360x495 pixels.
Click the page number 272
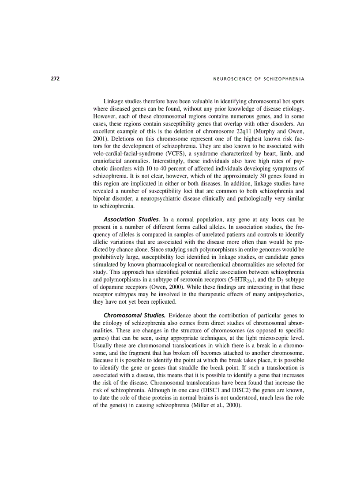pyautogui.click(x=55, y=79)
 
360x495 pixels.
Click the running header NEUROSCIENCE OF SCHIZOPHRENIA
pyautogui.click(x=252, y=79)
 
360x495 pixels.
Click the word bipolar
pyautogui.click(x=102, y=200)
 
